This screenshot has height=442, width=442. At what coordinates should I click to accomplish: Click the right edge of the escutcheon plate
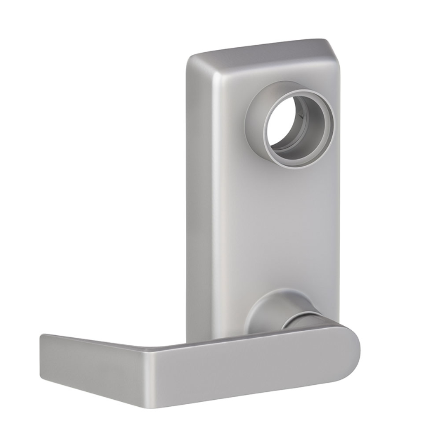coord(339,205)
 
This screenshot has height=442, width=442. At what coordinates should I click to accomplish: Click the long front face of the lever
coord(246,368)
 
